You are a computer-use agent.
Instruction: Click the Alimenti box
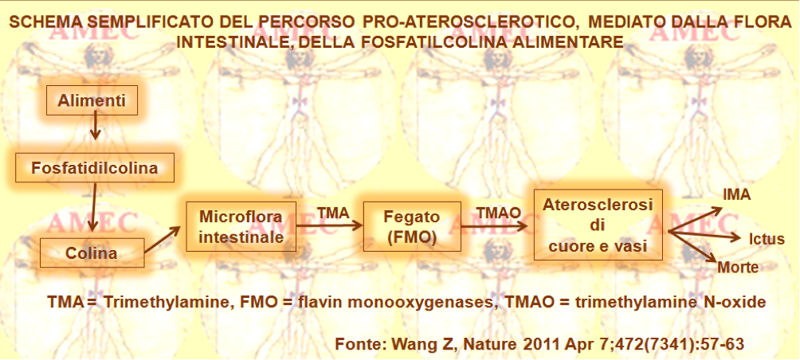coord(92,100)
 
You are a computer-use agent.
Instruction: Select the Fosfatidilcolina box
coord(95,168)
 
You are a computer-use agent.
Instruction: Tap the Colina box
coord(92,252)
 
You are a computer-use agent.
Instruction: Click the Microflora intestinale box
coord(241,227)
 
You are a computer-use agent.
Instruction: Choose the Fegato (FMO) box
coord(410,227)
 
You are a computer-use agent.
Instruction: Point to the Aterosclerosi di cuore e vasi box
coord(598,225)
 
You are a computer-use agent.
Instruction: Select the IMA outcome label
coord(737,195)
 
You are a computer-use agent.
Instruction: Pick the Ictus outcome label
coord(766,239)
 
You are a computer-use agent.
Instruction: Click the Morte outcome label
coord(738,267)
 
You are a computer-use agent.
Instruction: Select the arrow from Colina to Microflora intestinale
coord(163,240)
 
